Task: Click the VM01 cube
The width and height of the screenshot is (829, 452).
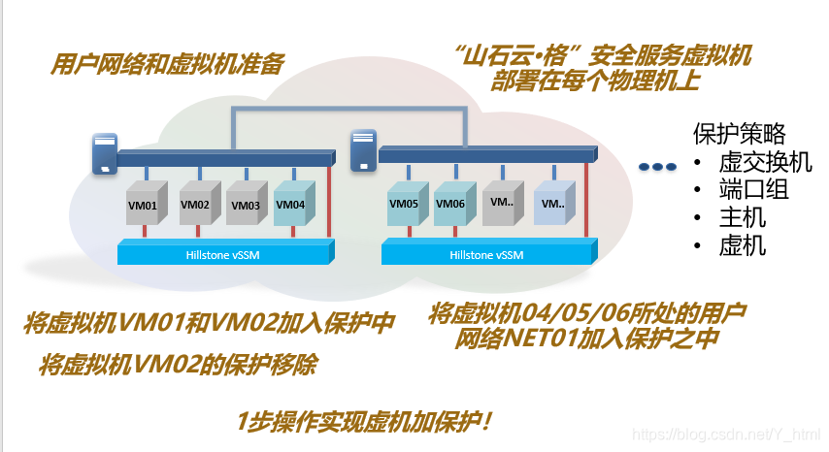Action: [x=144, y=205]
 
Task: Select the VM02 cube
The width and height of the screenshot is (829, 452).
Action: [x=195, y=205]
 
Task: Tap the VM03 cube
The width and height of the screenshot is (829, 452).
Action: [x=244, y=205]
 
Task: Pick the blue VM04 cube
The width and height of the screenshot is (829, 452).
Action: [x=291, y=205]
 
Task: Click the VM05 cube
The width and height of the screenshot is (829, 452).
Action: [x=404, y=205]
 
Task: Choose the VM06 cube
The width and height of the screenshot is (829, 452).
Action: [x=450, y=205]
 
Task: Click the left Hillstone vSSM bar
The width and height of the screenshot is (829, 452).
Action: [x=223, y=254]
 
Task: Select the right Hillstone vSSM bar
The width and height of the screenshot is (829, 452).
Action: [x=486, y=255]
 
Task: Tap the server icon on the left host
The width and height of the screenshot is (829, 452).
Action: [x=104, y=154]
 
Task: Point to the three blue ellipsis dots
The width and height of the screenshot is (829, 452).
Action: [x=657, y=167]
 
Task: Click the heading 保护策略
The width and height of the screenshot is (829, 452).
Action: [x=739, y=133]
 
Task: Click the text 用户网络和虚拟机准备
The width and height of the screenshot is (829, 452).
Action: [x=167, y=65]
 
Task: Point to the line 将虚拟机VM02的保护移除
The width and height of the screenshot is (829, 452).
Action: [x=178, y=366]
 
